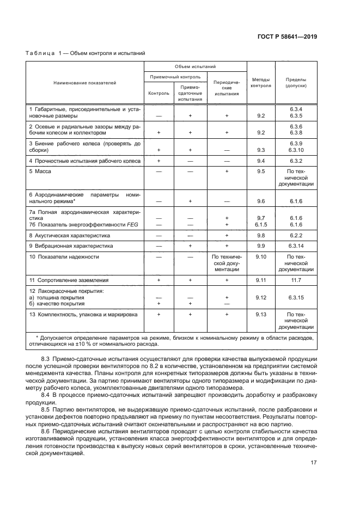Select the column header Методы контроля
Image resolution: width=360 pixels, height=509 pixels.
point(260,82)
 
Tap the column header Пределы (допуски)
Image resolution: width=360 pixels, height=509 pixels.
point(296,82)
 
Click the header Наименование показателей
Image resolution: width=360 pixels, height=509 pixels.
point(84,82)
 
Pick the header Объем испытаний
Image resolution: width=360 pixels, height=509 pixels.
point(195,65)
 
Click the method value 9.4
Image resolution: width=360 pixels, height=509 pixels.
point(260,161)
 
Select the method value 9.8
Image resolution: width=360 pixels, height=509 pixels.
point(260,236)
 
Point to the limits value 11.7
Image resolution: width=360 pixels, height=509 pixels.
point(296,280)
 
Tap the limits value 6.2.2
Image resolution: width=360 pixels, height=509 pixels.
point(296,236)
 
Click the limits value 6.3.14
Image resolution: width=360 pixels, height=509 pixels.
point(296,246)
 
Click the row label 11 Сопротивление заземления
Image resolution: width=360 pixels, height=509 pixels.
point(69,280)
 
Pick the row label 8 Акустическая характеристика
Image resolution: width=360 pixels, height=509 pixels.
point(69,236)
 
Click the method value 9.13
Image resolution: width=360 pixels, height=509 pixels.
point(260,314)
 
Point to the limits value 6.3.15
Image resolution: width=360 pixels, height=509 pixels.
point(296,297)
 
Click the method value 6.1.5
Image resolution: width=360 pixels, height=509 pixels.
point(260,224)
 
